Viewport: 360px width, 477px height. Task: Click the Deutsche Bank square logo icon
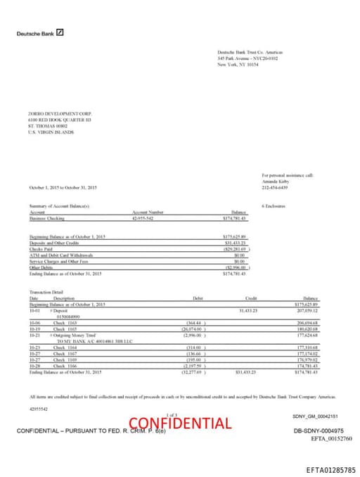pos(60,32)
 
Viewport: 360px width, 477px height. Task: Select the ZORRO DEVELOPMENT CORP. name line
pos(60,113)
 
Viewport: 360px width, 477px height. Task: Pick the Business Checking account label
pos(46,218)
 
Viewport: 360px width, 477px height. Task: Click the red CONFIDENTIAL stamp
pos(179,424)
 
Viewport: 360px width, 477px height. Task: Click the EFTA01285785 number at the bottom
pos(331,468)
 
